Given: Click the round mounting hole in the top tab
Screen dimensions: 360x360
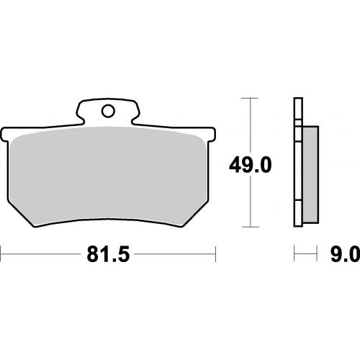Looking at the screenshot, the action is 108,112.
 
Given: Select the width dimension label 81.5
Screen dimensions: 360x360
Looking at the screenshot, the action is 108,254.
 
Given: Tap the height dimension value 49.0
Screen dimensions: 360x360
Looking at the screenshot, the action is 251,165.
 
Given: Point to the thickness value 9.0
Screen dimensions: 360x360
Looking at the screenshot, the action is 346,254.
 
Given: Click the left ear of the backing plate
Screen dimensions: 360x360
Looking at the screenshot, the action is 4,135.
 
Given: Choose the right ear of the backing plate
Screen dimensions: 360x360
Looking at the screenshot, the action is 212,135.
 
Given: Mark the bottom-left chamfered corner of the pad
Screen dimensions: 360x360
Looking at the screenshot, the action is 21,214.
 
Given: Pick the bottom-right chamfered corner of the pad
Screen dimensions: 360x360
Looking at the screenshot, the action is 195,214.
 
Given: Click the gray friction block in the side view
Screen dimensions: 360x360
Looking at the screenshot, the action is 310,175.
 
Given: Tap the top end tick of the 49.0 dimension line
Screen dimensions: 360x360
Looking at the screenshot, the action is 250,99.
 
